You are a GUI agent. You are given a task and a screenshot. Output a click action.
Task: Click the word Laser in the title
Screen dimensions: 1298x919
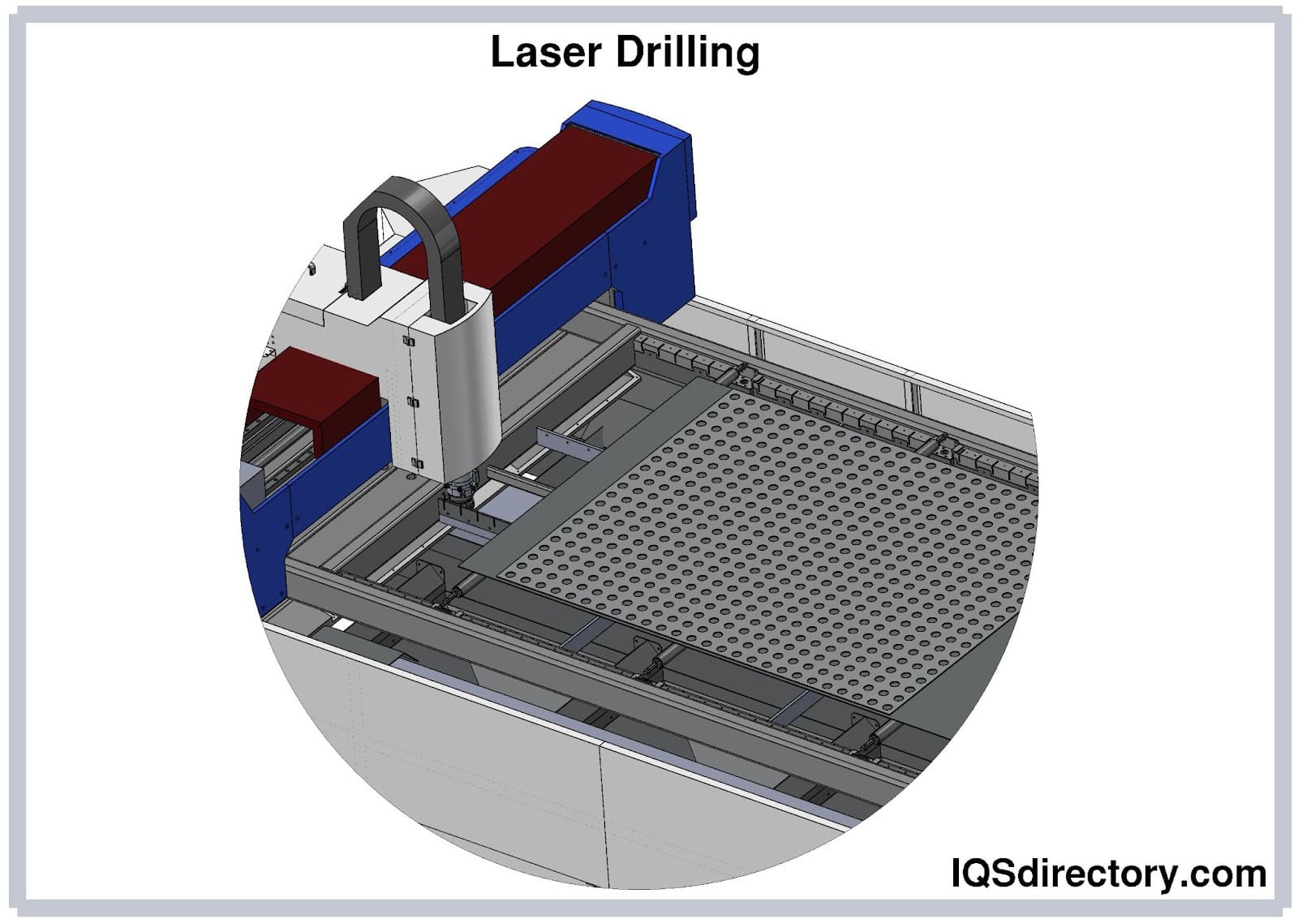(546, 52)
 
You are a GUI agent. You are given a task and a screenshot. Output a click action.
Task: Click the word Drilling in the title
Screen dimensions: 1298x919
(687, 54)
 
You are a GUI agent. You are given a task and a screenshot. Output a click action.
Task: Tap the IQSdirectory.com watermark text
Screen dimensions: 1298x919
(1108, 873)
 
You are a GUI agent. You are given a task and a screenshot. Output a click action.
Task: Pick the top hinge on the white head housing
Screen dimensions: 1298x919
(409, 341)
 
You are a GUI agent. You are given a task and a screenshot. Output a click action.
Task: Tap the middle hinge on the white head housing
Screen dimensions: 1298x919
(413, 402)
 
